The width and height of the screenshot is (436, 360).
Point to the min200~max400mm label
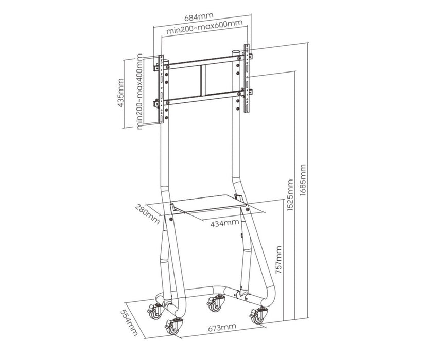(x=139, y=94)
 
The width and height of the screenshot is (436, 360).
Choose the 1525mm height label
(x=291, y=196)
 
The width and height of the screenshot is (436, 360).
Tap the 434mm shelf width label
(x=224, y=223)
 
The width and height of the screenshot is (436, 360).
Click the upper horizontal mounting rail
(x=203, y=64)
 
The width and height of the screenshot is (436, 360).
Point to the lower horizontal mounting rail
(x=203, y=97)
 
